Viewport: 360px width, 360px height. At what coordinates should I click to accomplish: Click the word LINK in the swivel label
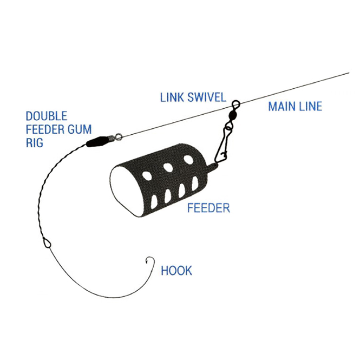(x=172, y=97)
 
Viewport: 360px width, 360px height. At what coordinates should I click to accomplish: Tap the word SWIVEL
(x=207, y=97)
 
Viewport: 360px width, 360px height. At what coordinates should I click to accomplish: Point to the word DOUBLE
(x=47, y=116)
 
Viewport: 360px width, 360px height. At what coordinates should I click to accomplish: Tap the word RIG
(x=35, y=142)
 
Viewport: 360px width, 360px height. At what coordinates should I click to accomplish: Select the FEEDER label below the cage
(x=208, y=208)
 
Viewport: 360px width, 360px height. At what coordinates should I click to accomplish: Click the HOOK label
(x=176, y=271)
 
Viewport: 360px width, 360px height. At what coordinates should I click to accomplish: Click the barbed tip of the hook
(x=146, y=261)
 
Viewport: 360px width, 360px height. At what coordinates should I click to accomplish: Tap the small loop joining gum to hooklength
(x=47, y=243)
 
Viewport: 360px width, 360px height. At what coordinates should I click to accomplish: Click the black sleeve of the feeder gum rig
(x=96, y=141)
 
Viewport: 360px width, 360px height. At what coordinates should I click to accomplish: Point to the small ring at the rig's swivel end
(x=119, y=137)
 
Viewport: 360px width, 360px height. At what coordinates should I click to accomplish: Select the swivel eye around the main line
(x=235, y=105)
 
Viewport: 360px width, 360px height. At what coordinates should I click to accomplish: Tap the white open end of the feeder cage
(x=123, y=191)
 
